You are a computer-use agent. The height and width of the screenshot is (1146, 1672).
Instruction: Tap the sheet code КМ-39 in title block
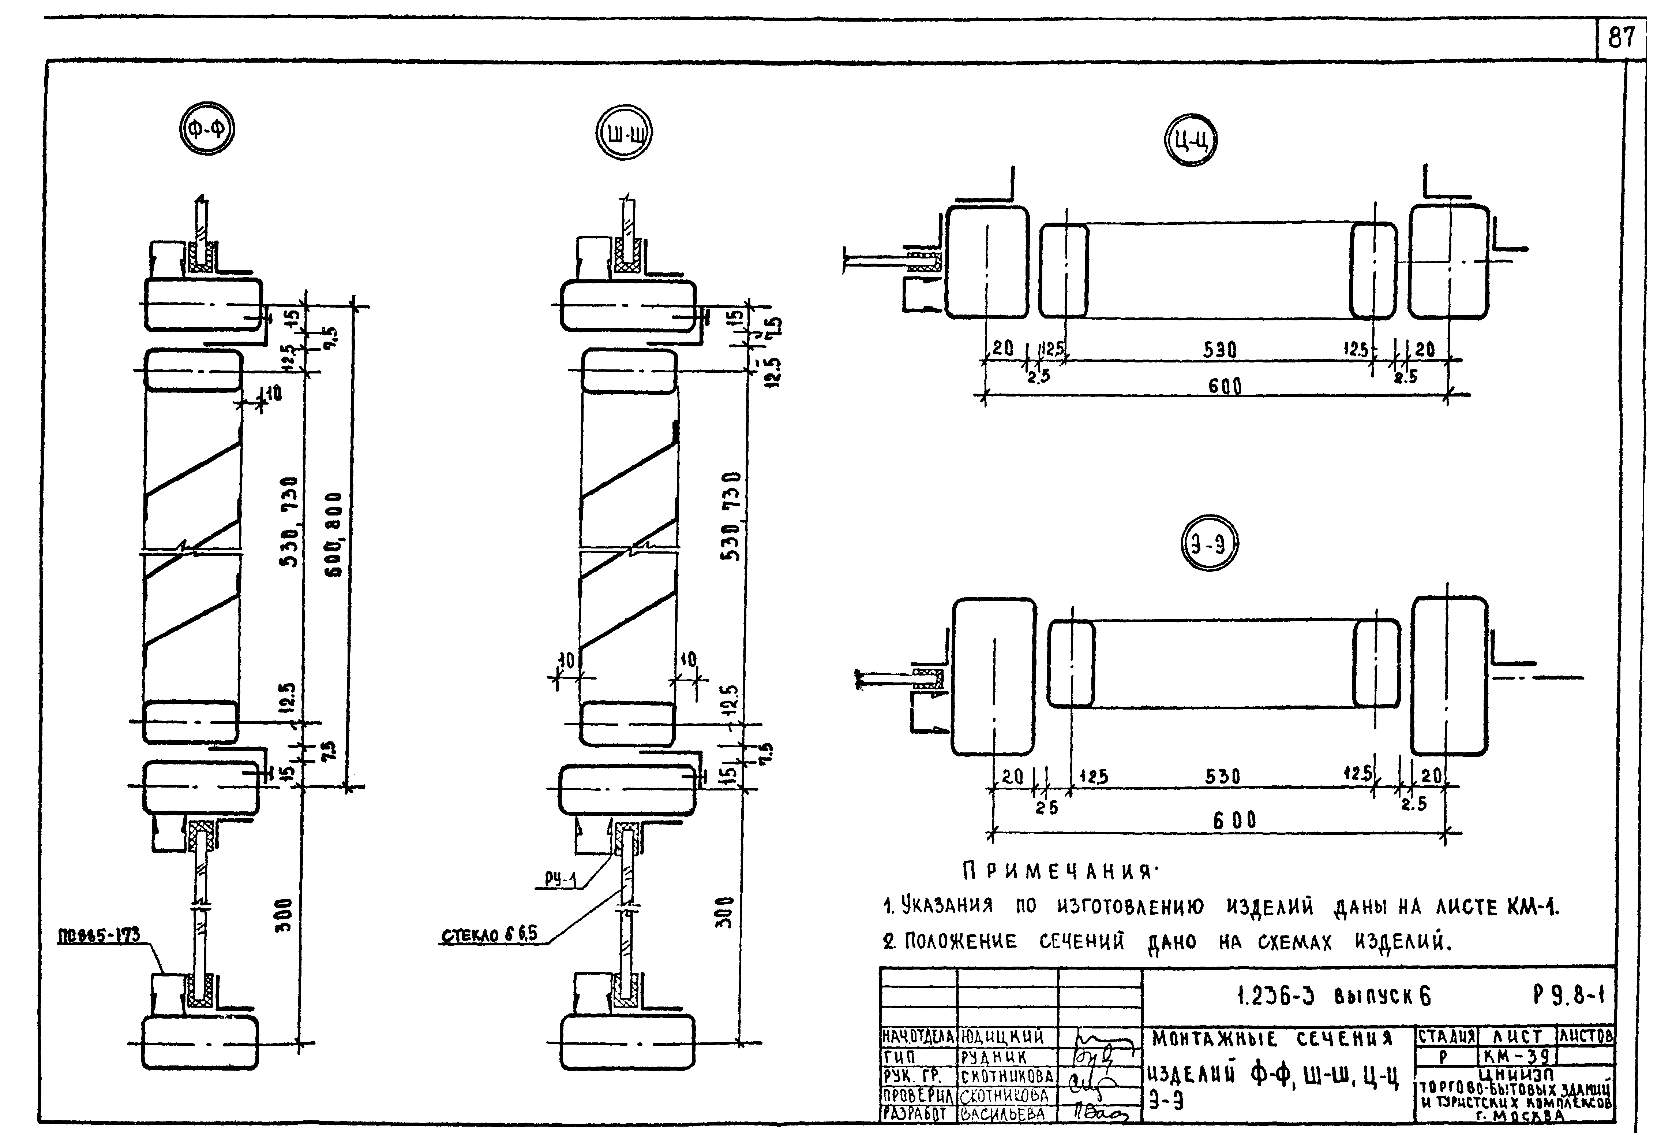click(x=1517, y=1056)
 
